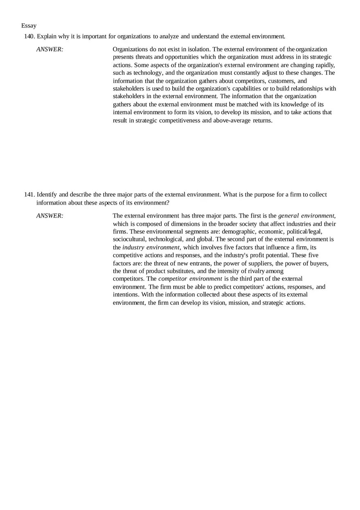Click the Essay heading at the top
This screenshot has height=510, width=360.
pyautogui.click(x=29, y=26)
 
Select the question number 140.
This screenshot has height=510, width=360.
pyautogui.click(x=29, y=36)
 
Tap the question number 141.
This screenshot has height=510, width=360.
pyautogui.click(x=29, y=195)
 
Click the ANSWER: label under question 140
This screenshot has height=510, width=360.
pyautogui.click(x=49, y=49)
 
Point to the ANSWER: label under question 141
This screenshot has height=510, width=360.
pyautogui.click(x=49, y=216)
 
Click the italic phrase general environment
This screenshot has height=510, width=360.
pyautogui.click(x=306, y=216)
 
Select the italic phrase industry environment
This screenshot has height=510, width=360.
pyautogui.click(x=151, y=247)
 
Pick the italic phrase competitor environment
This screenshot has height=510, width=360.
pyautogui.click(x=190, y=279)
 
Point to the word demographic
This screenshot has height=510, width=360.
pyautogui.click(x=239, y=231)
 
